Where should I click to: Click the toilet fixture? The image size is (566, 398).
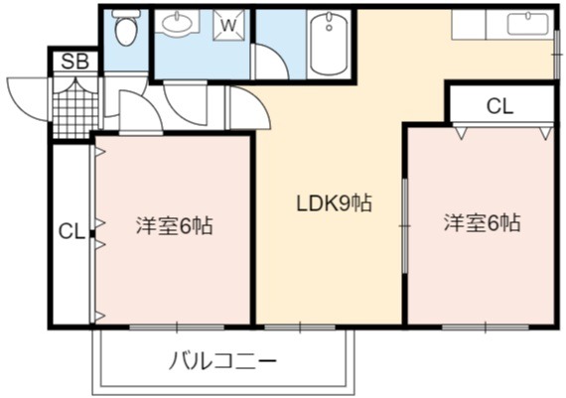click(x=125, y=28)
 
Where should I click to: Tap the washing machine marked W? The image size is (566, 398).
click(x=228, y=25)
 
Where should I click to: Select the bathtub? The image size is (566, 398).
click(x=329, y=44)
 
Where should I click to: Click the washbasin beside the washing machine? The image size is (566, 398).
click(x=177, y=23)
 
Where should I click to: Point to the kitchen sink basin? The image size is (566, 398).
click(x=528, y=24)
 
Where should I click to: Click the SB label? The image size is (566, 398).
click(x=75, y=62)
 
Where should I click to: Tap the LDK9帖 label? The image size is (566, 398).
click(x=334, y=203)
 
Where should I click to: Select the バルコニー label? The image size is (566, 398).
click(x=222, y=361)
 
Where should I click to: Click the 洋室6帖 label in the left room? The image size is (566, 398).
click(x=175, y=226)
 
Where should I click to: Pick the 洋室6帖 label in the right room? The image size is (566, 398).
click(x=483, y=223)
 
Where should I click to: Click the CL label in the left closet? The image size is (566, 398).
click(x=71, y=231)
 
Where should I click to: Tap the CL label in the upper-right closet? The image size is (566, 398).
click(x=499, y=106)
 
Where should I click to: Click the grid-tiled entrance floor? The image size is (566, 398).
click(x=75, y=107)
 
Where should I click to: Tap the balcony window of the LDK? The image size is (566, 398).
click(x=300, y=328)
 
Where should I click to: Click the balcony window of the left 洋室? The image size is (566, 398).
click(x=177, y=328)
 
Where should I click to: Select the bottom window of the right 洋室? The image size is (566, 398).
click(x=486, y=328)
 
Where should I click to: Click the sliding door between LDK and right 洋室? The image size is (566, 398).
click(x=405, y=226)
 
